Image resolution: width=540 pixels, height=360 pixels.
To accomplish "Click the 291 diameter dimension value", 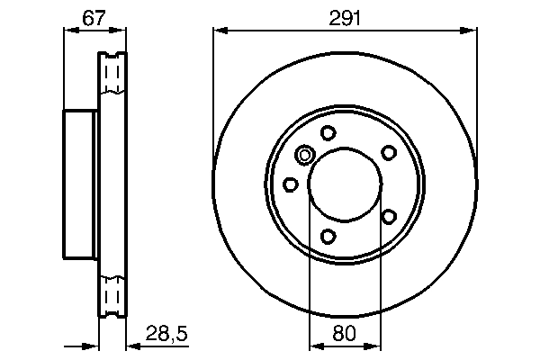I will [x=345, y=14].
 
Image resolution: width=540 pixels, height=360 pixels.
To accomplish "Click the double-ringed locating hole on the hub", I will [x=304, y=157].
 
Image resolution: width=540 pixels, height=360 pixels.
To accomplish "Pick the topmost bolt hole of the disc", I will [x=328, y=133].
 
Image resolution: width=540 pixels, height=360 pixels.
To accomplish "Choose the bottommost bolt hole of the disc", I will [x=328, y=237].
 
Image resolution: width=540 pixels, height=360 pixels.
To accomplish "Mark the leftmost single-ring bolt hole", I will [x=290, y=184].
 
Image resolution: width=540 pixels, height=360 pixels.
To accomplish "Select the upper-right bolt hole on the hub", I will [x=389, y=153].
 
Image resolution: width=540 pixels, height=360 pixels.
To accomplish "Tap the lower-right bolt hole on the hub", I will [x=389, y=216].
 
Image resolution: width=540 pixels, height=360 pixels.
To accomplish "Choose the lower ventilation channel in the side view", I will [x=113, y=294].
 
